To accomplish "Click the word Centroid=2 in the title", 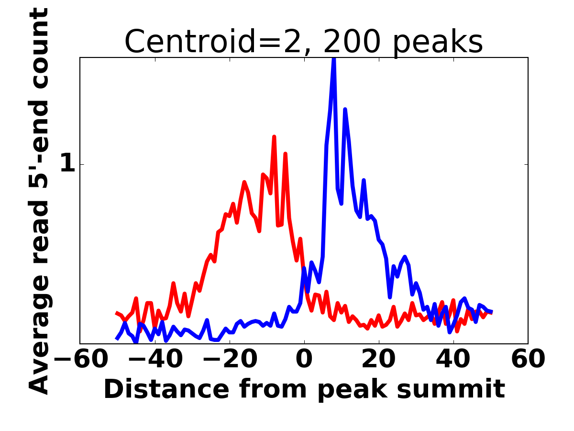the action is tap(218, 42).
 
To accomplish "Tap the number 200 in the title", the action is tap(352, 41).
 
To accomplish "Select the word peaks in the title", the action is tap(438, 44).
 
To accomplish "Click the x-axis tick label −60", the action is tap(81, 359).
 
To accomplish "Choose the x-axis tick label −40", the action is tap(155, 359).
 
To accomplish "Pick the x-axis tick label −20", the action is tap(230, 359).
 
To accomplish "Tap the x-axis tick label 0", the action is tap(304, 359).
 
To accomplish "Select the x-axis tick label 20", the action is tap(379, 359).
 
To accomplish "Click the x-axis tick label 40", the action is tap(453, 359).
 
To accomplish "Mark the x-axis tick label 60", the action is tap(528, 359).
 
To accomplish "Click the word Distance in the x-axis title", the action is tap(166, 388).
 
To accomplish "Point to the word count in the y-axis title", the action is tap(38, 48).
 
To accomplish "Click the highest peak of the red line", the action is tap(274, 136).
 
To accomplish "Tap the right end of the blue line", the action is tap(492, 312).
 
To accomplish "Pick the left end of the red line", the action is tap(116, 313).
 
